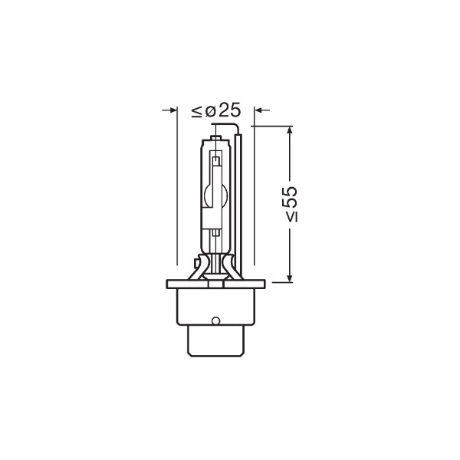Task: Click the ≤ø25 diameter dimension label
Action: (x=216, y=110)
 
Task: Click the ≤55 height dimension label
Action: (x=291, y=204)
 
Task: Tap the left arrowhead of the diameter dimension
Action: (x=174, y=110)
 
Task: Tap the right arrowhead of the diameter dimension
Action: (x=258, y=110)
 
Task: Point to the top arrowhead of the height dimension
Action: (x=290, y=130)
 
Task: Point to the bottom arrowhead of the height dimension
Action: (x=290, y=279)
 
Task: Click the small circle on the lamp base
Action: (x=215, y=320)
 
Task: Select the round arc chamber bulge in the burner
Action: (x=215, y=195)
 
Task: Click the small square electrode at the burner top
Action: (x=216, y=161)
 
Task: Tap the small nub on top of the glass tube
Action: (x=216, y=137)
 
